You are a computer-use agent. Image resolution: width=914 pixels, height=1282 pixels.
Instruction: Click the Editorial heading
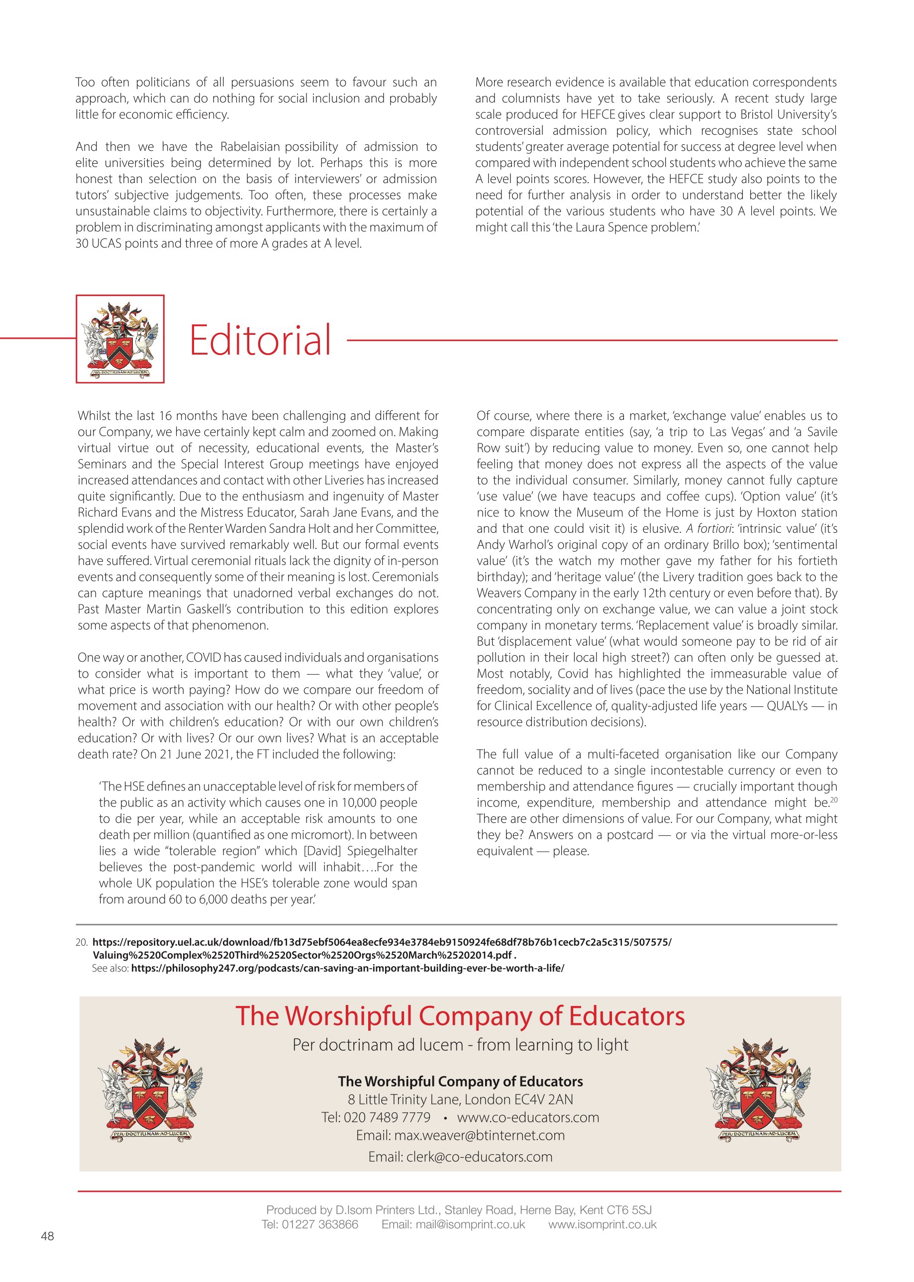(x=260, y=340)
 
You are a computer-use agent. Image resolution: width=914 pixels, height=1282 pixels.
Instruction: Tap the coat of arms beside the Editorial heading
(x=120, y=339)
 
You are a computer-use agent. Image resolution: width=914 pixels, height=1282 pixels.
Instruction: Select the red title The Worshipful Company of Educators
(x=460, y=1016)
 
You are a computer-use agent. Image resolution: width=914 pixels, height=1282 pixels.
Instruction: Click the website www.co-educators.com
(x=528, y=1117)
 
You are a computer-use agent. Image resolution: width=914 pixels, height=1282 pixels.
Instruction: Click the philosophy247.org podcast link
(x=347, y=969)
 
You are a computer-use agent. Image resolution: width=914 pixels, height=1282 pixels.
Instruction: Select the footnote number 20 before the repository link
(x=82, y=942)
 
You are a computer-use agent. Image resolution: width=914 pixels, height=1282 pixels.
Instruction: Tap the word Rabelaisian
(x=249, y=147)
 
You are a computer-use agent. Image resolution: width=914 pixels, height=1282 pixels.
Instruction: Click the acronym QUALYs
(x=787, y=706)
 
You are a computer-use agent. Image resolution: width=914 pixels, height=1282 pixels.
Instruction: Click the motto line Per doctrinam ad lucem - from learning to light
(x=460, y=1045)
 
